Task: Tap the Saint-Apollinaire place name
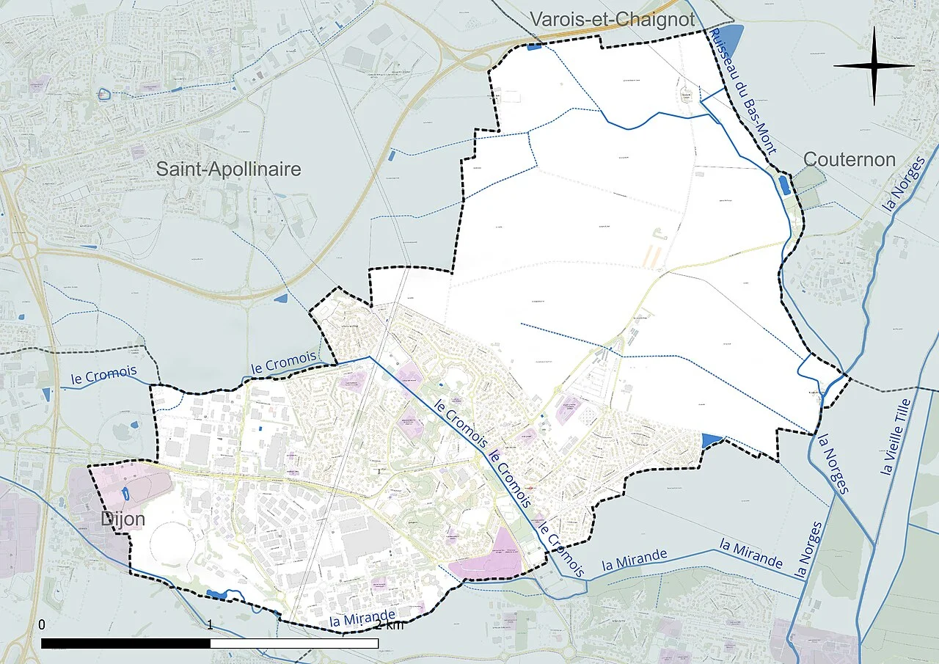pos(229,169)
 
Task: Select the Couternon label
pos(850,159)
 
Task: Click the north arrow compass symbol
pos(874,65)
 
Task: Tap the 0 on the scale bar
pos(42,624)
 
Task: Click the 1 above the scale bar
pos(211,624)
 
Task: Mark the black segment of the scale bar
pos(125,643)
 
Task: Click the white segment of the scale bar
pos(294,643)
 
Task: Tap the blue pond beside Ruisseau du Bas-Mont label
pos(733,37)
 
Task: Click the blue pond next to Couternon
pos(783,184)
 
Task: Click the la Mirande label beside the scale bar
pos(362,619)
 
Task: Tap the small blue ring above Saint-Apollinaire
pos(104,94)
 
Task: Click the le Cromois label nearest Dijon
pos(104,374)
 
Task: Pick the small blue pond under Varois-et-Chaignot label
pos(534,47)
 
